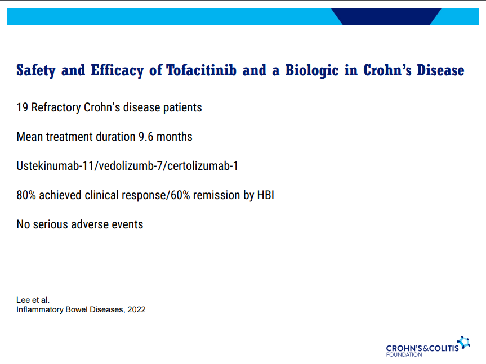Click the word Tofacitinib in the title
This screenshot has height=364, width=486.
pos(202,70)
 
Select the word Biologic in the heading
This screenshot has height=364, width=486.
pos(312,70)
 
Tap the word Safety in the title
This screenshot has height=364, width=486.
pos(36,70)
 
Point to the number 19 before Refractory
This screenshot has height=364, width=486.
pos(23,107)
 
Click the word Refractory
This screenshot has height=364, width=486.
pos(56,107)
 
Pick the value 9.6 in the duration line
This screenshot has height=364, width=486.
pos(146,137)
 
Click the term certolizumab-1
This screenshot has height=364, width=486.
pos(203,166)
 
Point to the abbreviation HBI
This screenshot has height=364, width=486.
pos(266,195)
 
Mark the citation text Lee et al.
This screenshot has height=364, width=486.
pos(33,300)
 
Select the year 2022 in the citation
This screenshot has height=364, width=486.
pos(136,309)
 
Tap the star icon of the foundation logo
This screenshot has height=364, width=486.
pos(463,342)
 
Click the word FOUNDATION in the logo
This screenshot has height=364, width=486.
pos(404,354)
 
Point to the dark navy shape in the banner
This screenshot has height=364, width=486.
pos(386,16)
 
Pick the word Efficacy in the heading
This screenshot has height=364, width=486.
pos(117,70)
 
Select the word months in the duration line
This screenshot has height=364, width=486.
pos(174,137)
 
